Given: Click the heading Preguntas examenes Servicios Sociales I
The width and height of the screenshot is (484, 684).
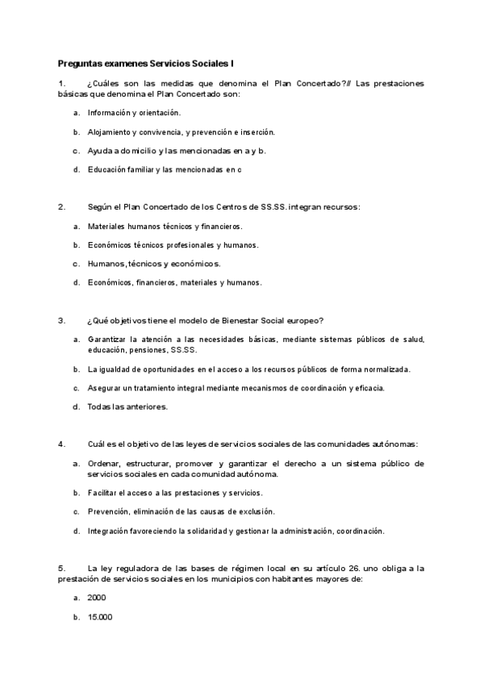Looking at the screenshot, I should pos(145,62).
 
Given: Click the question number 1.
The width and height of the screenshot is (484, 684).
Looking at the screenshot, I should pos(61,83).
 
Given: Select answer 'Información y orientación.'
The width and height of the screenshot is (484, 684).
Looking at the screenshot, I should pos(134,112).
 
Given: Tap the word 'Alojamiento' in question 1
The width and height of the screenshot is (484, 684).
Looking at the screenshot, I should pos(110,131).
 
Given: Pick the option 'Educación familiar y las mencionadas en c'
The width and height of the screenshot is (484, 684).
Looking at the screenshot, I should pos(165,169).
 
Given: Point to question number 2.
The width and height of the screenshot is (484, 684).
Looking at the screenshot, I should pos(61,206).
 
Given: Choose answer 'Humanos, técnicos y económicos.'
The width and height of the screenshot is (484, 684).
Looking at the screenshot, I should pos(153,263).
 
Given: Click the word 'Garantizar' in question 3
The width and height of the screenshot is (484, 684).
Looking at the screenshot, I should pos(108,340).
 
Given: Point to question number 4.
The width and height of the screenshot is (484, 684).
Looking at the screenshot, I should pos(61,444).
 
